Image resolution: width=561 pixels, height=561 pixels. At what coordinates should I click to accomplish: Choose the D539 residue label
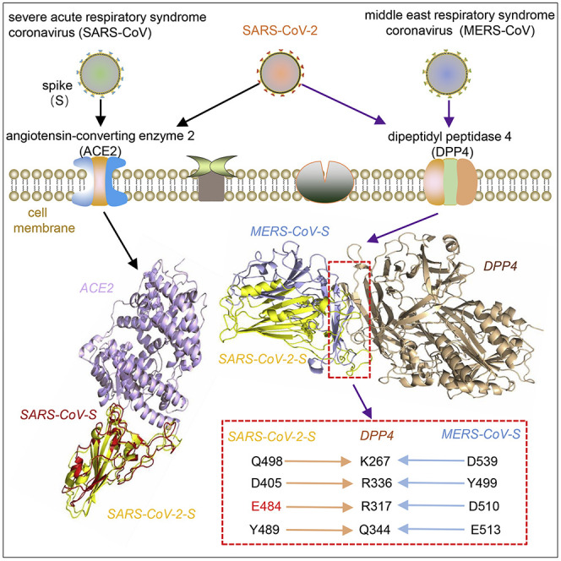coord(486,461)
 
